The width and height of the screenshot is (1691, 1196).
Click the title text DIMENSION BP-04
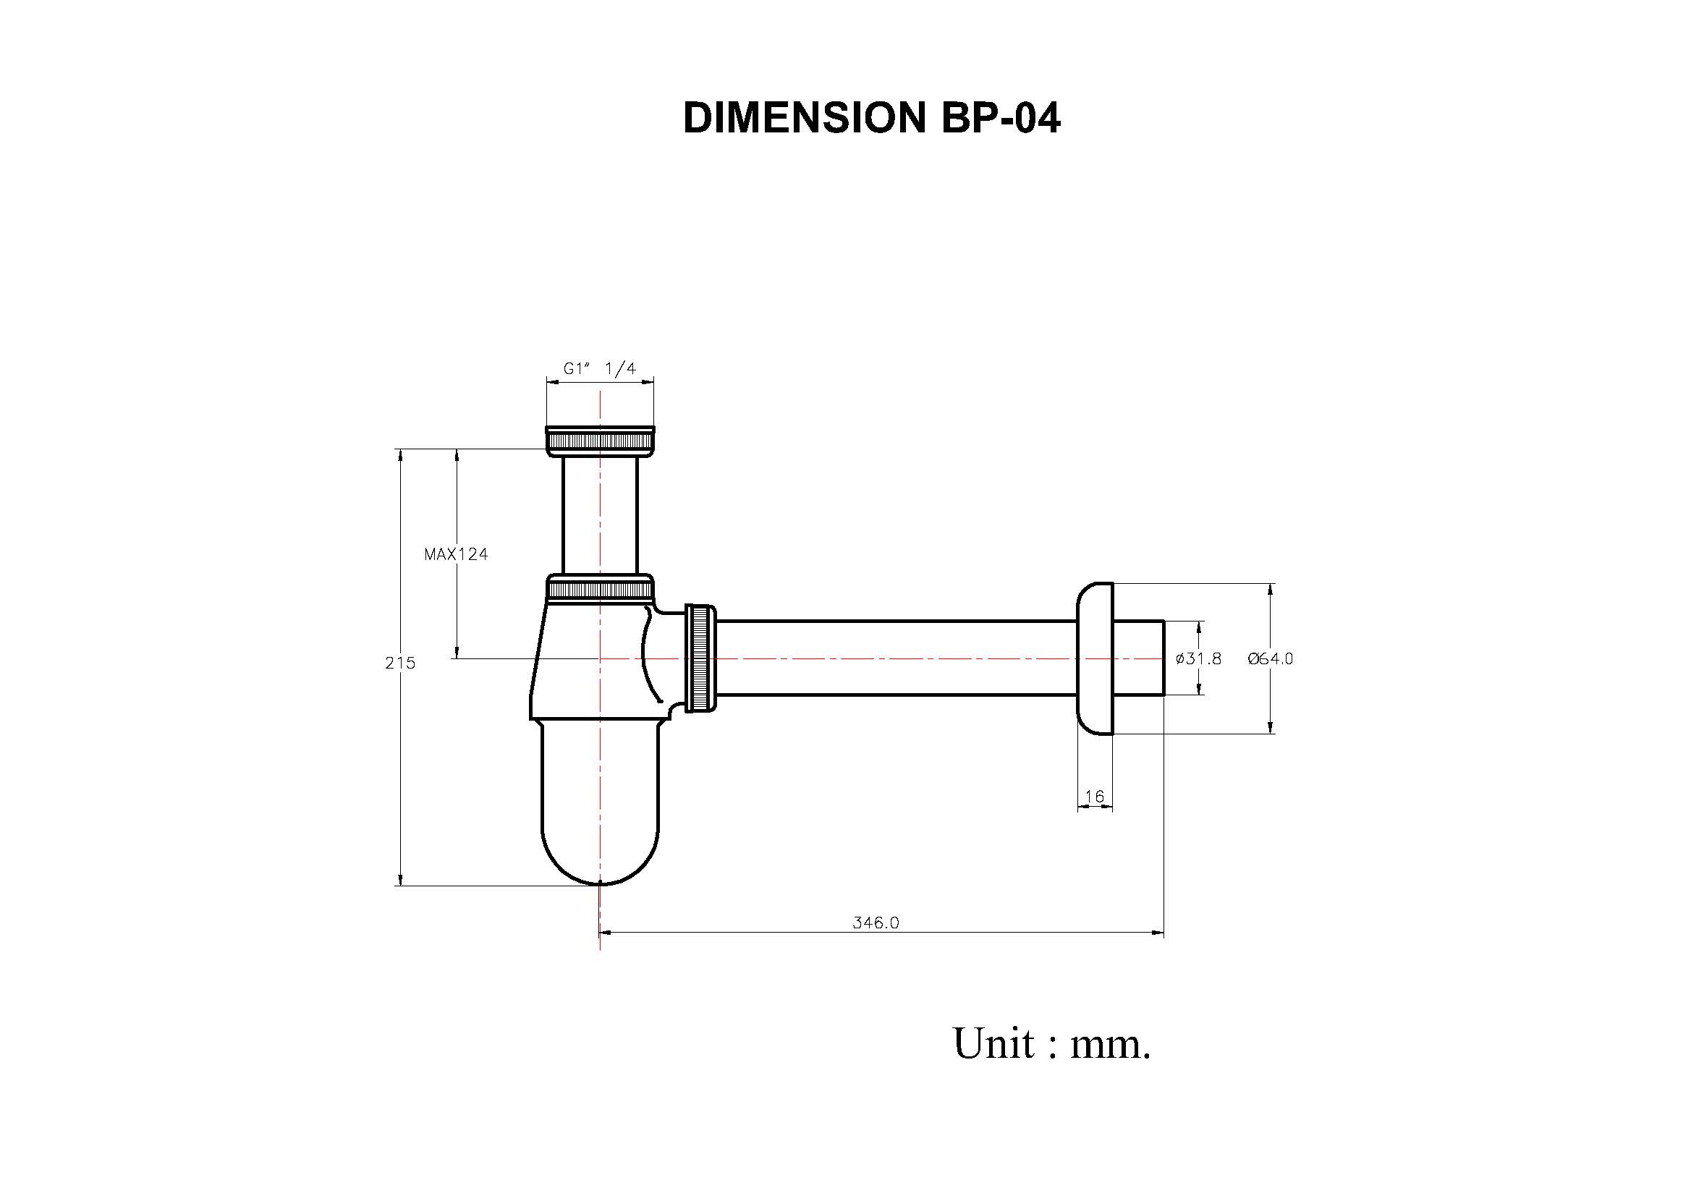coord(871,117)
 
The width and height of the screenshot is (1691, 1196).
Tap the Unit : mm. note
coord(1051,1043)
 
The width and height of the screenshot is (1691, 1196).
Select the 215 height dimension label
coord(400,663)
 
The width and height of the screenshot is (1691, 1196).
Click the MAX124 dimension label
coord(456,554)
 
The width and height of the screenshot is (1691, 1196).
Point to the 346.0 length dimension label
coord(876,923)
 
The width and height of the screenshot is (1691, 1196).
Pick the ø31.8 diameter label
coord(1198,658)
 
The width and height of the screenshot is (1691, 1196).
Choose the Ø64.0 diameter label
coord(1271,658)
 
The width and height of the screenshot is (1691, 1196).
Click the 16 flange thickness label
coord(1095,796)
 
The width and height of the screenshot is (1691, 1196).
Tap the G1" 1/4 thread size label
coord(600,368)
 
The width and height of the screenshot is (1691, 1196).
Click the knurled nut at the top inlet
coord(600,441)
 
